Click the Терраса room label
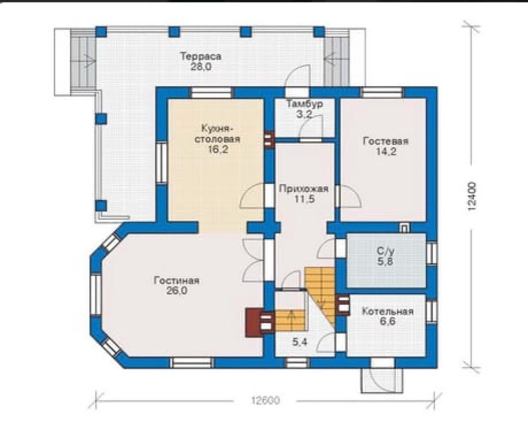201,57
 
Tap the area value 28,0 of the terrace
201,67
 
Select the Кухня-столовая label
217,134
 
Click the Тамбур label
304,104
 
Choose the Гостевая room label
386,141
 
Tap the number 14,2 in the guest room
386,152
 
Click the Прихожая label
304,189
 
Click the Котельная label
388,312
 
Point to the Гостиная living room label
176,280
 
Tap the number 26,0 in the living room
177,291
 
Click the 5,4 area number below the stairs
300,342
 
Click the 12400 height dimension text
472,196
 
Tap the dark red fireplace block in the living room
255,322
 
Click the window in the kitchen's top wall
211,93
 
